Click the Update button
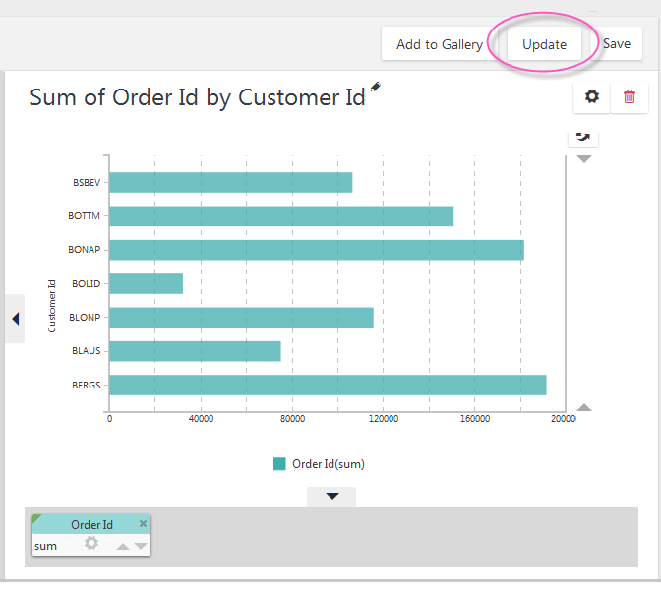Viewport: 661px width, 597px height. click(544, 44)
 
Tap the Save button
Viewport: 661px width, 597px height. click(617, 44)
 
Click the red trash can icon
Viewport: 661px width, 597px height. click(629, 96)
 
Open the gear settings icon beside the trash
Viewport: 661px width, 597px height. click(592, 96)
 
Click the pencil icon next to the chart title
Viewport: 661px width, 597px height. click(375, 87)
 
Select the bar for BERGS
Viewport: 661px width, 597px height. click(328, 385)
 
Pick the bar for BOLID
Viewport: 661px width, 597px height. click(146, 283)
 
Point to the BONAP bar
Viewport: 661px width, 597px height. click(317, 250)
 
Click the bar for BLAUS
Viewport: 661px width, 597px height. click(195, 351)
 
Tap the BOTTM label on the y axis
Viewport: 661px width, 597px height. click(84, 215)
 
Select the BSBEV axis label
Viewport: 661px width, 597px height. click(87, 183)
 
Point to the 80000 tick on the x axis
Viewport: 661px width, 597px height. click(292, 419)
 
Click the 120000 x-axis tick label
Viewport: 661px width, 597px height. click(384, 419)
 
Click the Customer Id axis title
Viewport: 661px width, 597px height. click(52, 306)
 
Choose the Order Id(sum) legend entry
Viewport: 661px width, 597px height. click(319, 464)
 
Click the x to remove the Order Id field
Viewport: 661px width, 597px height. click(143, 523)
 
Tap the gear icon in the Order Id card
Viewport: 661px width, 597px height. click(91, 543)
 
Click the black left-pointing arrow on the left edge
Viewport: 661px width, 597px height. click(16, 319)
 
